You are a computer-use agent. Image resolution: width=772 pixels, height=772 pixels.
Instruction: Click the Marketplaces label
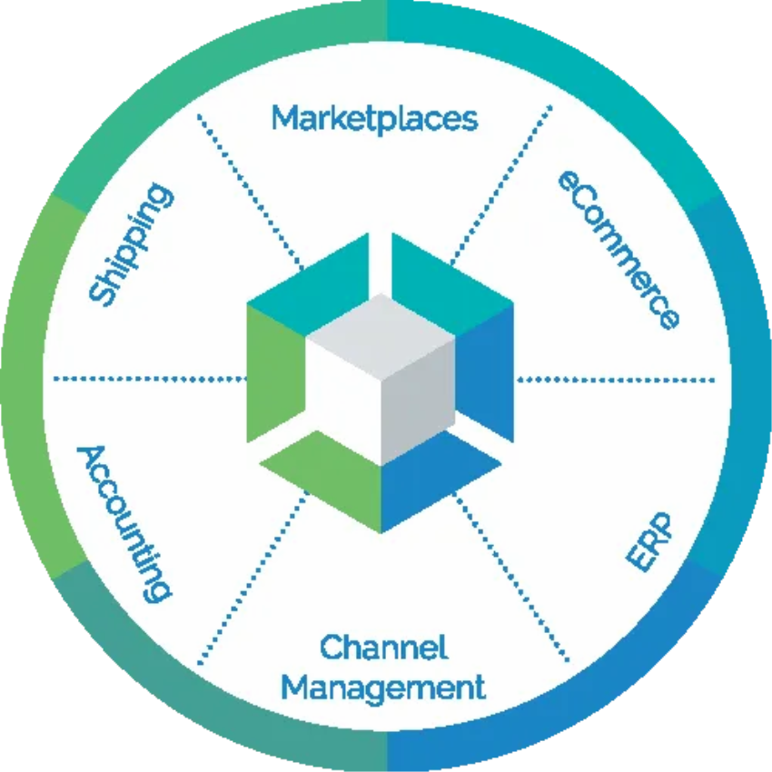[x=374, y=119]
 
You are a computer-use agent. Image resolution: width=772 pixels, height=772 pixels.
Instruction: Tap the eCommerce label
[x=618, y=248]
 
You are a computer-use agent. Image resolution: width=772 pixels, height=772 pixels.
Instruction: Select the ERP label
[x=648, y=542]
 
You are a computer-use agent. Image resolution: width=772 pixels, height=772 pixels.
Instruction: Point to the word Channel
[x=384, y=648]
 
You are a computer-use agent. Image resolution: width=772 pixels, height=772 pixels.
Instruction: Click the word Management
[x=382, y=686]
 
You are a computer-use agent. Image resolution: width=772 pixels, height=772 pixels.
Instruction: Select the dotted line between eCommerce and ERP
[x=618, y=379]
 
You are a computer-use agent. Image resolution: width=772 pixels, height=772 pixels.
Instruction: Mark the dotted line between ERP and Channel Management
[x=513, y=581]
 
